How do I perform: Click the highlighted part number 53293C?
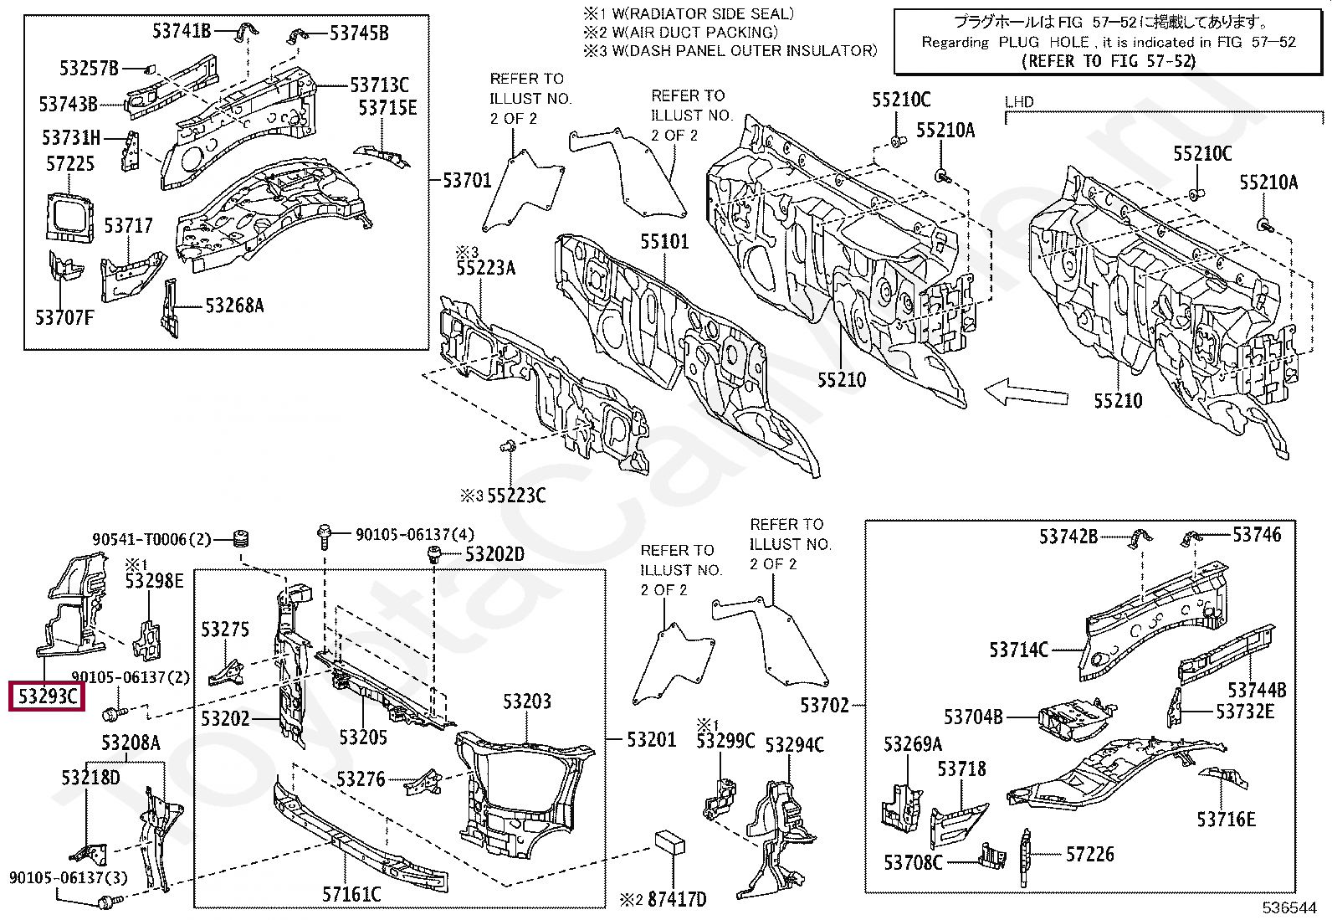[x=47, y=696]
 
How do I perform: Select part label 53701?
[x=468, y=180]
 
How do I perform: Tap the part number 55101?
[x=664, y=242]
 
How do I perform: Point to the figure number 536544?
[x=1290, y=907]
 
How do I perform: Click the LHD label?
[x=1019, y=102]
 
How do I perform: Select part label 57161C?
[x=351, y=894]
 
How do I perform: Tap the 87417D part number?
[x=677, y=899]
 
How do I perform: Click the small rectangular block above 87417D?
[x=669, y=842]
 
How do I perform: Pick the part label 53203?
[x=526, y=702]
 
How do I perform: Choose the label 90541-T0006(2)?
[x=151, y=540]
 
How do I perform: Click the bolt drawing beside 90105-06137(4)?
[x=324, y=536]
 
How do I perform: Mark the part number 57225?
[x=70, y=163]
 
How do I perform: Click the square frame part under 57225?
[x=69, y=217]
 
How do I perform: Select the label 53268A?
[x=234, y=306]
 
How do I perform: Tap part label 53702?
[x=824, y=705]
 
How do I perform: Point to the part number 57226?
[x=1089, y=855]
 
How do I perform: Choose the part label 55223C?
[x=516, y=495]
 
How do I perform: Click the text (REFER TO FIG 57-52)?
[x=1109, y=61]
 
